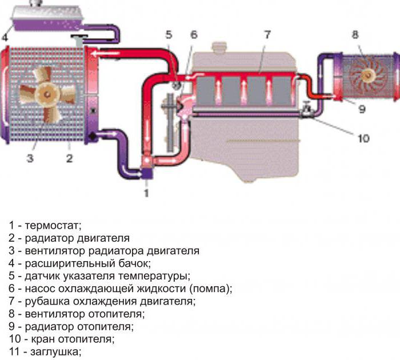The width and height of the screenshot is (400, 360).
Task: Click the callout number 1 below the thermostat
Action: coord(146,193)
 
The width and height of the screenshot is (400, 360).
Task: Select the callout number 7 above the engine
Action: coord(266,34)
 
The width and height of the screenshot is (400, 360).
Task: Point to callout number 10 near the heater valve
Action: coord(364,138)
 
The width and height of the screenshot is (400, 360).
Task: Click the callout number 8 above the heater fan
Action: coord(355,35)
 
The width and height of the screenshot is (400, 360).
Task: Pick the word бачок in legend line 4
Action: coord(134,263)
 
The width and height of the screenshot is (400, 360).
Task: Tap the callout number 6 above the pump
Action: coord(194,34)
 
